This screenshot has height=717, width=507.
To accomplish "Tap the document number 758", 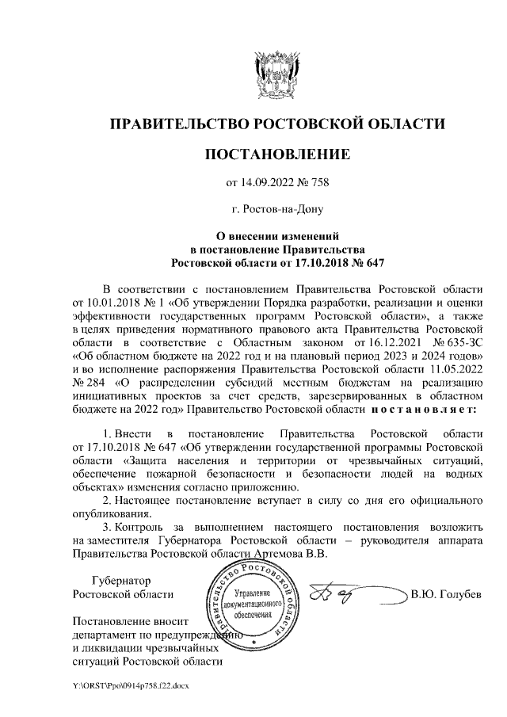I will [x=318, y=184].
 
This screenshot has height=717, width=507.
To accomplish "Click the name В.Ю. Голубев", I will [x=446, y=595].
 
